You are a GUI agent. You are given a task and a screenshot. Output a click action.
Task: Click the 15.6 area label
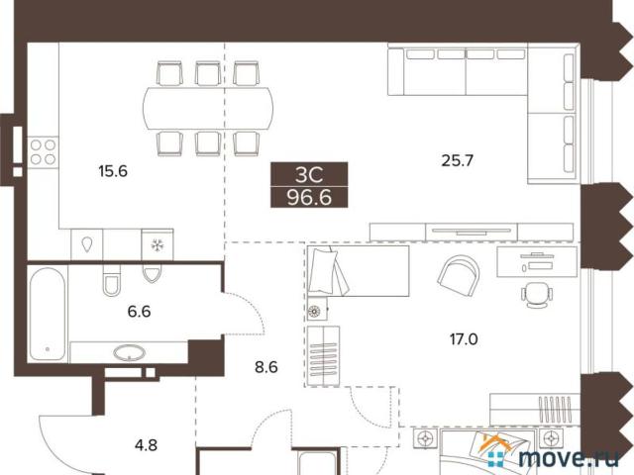[113, 171]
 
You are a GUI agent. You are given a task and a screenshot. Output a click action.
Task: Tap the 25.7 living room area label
[457, 160]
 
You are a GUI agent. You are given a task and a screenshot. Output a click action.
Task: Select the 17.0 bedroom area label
[464, 339]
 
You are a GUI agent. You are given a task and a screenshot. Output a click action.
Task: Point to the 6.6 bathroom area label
[139, 312]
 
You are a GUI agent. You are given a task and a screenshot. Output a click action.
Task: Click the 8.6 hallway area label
[266, 367]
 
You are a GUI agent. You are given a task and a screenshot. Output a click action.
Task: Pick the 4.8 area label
[146, 445]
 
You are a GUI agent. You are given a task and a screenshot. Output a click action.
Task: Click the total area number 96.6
[309, 198]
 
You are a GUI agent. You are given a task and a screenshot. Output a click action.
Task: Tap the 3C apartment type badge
[309, 174]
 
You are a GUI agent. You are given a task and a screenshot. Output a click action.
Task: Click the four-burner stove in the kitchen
[43, 152]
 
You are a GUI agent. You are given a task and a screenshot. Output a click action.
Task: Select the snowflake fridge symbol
[158, 244]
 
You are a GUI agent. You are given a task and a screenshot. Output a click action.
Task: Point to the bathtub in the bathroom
[48, 315]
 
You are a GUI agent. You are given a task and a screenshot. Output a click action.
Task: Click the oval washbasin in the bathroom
[130, 353]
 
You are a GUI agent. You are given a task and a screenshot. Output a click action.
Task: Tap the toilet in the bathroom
[111, 280]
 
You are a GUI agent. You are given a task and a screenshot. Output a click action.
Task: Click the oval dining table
[208, 108]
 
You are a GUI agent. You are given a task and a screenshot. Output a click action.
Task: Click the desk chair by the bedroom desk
[537, 295]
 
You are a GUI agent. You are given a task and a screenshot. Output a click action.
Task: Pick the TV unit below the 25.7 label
[472, 233]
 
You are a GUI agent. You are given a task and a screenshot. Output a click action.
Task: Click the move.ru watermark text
[569, 458]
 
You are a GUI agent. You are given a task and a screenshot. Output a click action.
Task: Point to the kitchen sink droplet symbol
[87, 244]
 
